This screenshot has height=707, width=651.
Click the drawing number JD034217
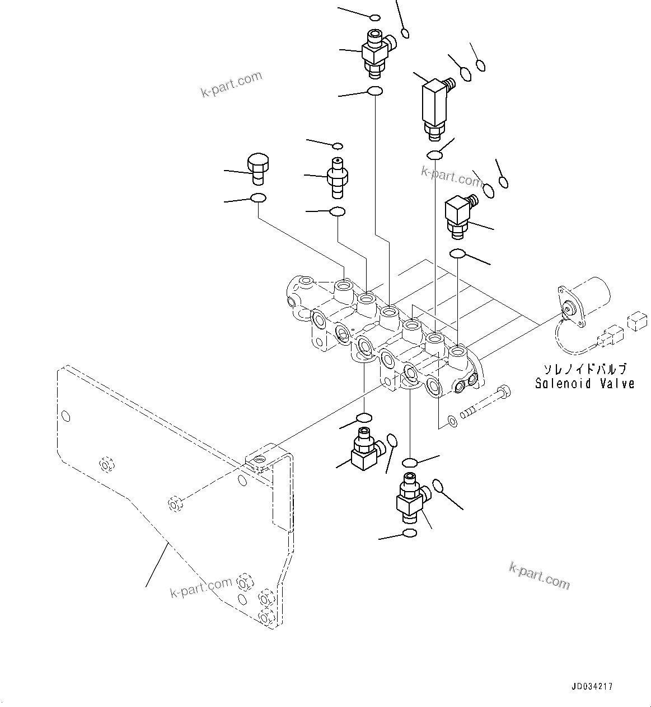click(592, 686)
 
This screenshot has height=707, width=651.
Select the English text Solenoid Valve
click(584, 384)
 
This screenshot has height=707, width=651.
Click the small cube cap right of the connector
click(636, 322)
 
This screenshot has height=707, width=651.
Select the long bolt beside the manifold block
click(485, 402)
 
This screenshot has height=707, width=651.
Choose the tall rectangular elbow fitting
click(433, 106)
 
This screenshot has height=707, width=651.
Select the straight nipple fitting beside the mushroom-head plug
click(338, 177)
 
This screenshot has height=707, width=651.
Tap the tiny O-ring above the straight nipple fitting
click(338, 146)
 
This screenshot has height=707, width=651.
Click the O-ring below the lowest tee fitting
click(410, 532)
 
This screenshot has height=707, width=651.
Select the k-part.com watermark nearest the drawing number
click(538, 576)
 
